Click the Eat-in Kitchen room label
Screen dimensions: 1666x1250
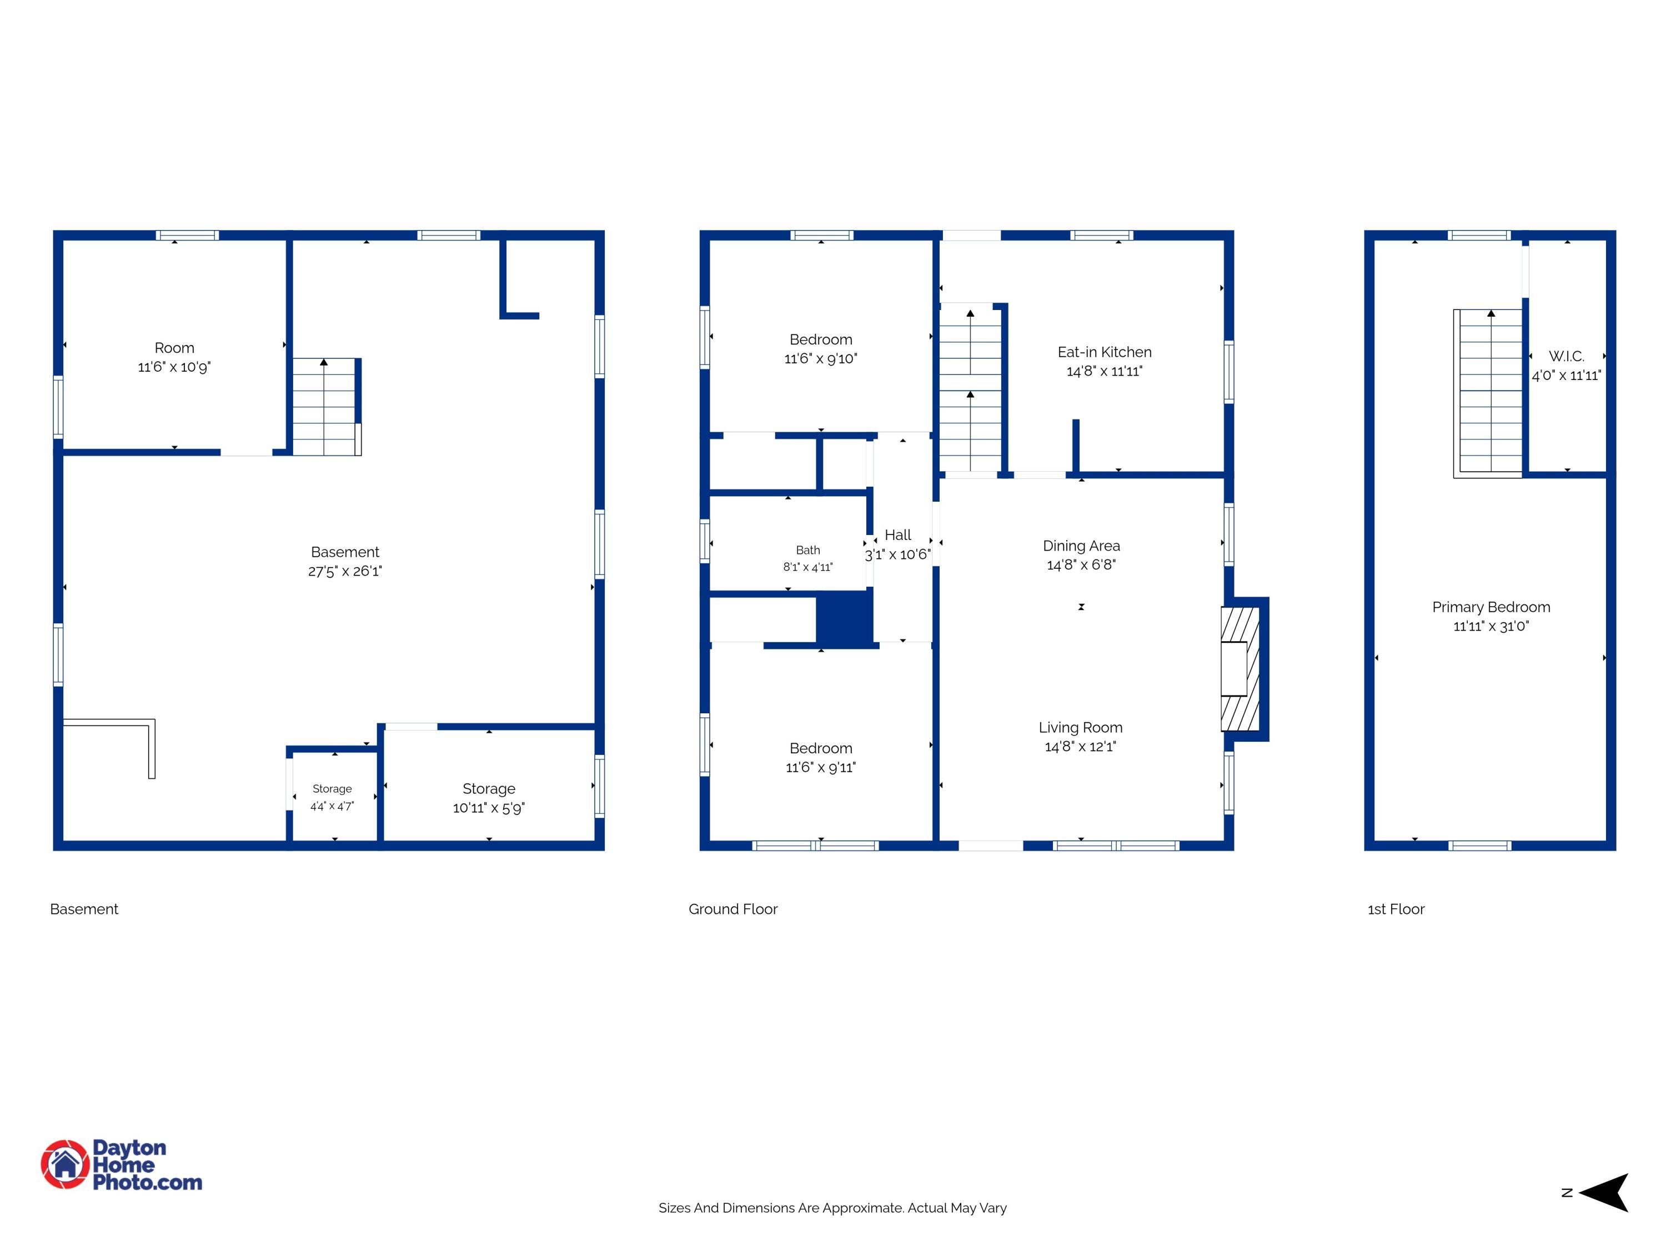(x=1104, y=352)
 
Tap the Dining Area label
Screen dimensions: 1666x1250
(x=1081, y=546)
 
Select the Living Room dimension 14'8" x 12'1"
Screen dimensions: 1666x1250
(x=1080, y=747)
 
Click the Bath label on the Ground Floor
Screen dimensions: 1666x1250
(x=807, y=550)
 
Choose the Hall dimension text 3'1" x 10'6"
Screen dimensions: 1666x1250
(x=898, y=554)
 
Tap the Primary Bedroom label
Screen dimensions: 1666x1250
(x=1491, y=607)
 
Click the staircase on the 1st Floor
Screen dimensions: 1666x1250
(x=1488, y=393)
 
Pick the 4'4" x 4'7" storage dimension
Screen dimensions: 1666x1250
(x=332, y=806)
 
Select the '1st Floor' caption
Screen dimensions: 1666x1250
(x=1396, y=909)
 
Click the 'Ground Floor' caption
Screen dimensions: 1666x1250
(x=733, y=909)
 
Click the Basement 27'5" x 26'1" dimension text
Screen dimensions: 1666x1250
(x=345, y=571)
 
